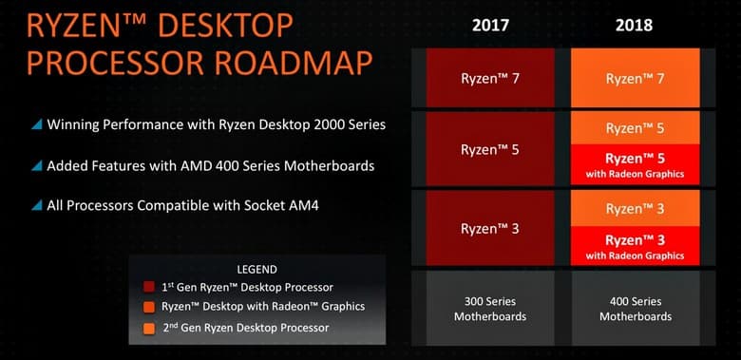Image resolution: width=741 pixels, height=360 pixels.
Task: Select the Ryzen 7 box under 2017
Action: [x=491, y=78]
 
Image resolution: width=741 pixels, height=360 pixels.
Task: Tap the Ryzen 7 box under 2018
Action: [x=636, y=78]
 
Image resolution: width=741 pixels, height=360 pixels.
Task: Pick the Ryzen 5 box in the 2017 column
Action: [x=491, y=149]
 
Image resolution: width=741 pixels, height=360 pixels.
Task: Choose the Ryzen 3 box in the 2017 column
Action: [x=491, y=228]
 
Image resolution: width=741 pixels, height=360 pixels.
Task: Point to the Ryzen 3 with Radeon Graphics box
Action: [x=636, y=246]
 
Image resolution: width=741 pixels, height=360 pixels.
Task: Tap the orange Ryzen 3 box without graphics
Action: [x=636, y=209]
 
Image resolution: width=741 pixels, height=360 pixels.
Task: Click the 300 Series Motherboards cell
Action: [x=491, y=309]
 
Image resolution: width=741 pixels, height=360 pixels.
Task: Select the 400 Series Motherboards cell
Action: [x=636, y=309]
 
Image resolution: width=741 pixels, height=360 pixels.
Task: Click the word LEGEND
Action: [x=256, y=269]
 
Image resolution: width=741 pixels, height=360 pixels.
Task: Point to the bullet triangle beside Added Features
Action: [x=36, y=165]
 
